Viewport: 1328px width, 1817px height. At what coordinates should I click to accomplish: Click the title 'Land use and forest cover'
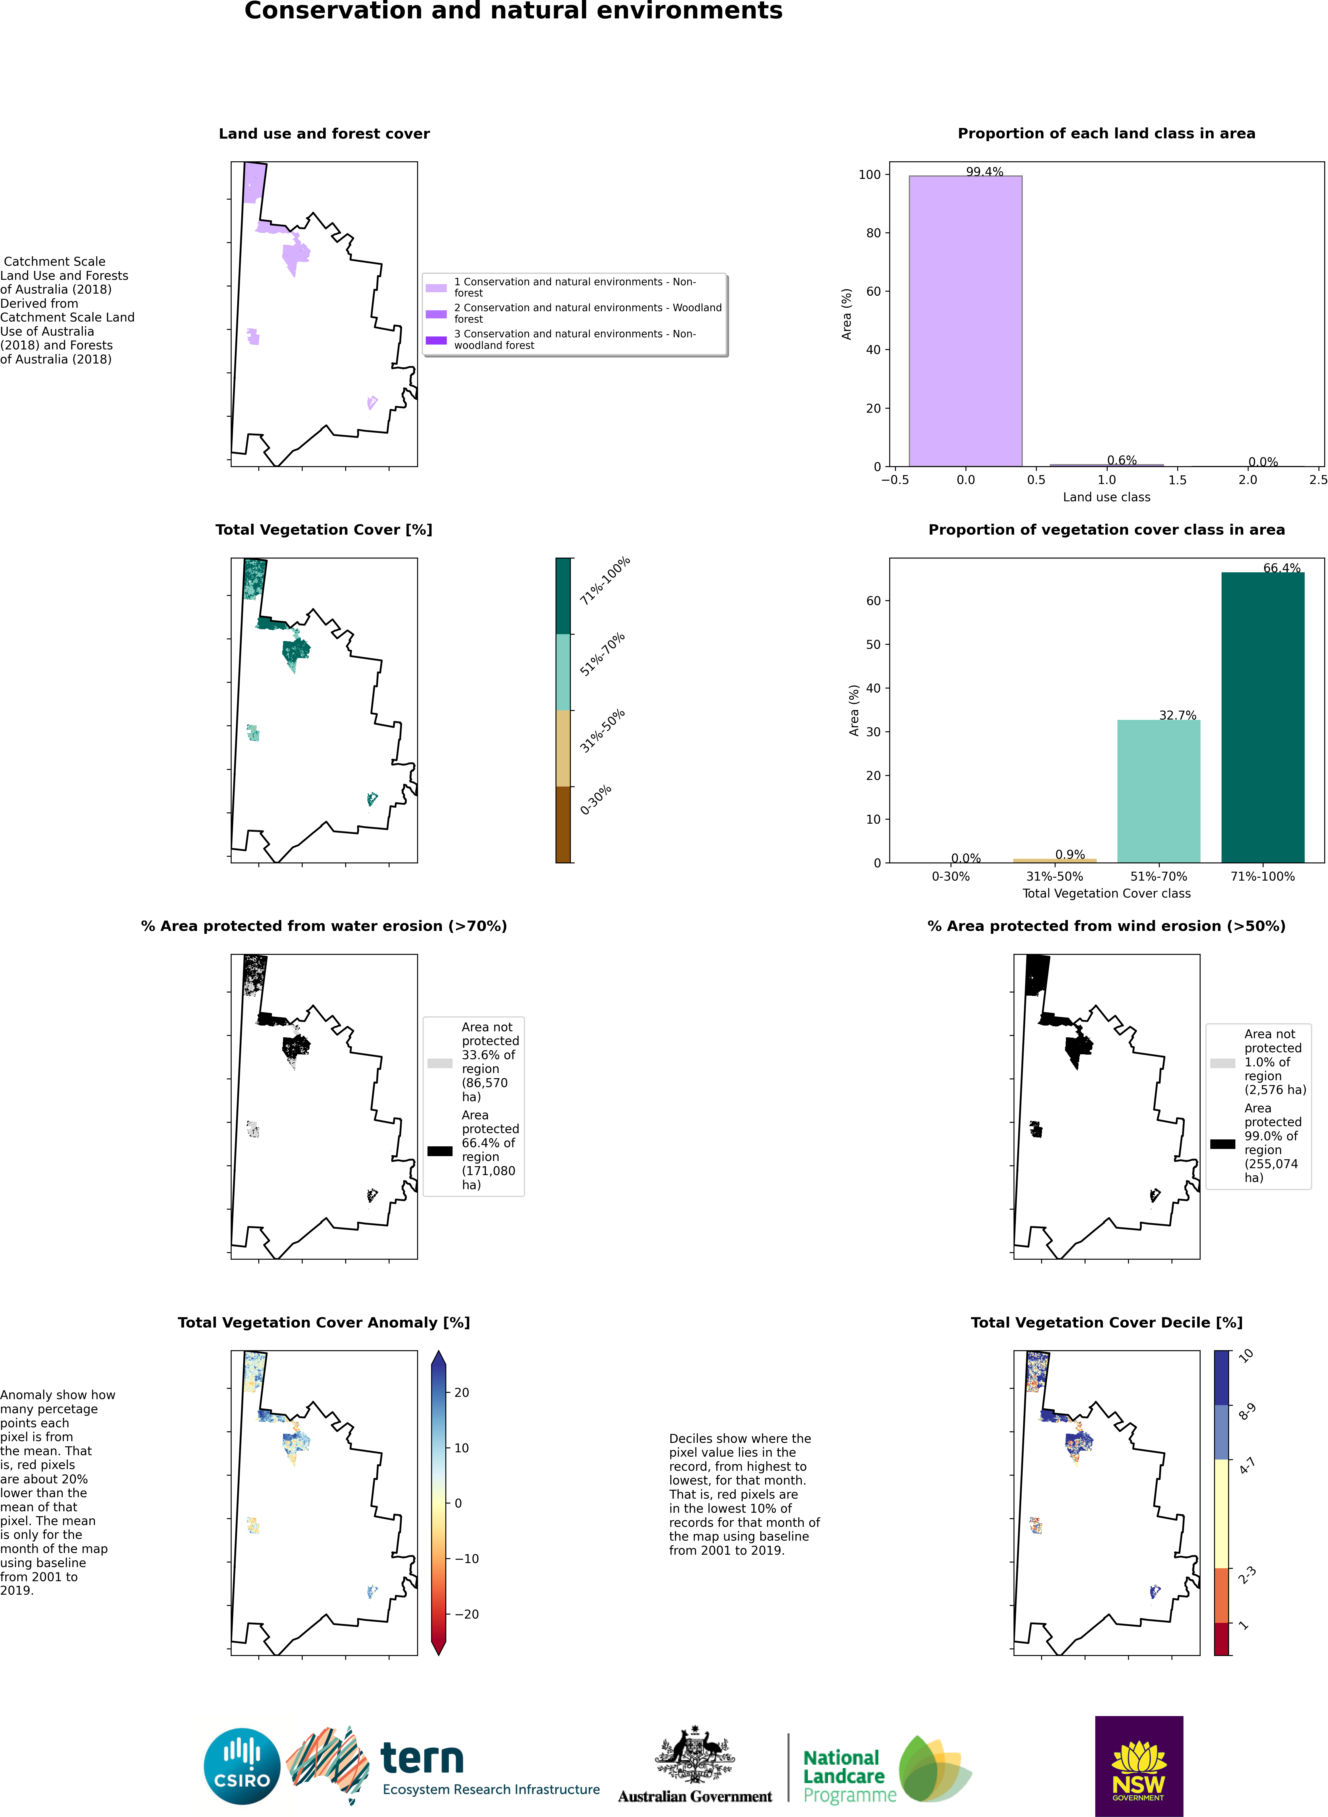(x=324, y=133)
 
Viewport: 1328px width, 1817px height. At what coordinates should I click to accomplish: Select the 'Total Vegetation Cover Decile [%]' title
(x=1106, y=1322)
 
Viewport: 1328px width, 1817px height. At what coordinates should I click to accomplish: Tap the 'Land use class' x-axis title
(x=1106, y=497)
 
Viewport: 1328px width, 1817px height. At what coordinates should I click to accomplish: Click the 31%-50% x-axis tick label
(x=1054, y=876)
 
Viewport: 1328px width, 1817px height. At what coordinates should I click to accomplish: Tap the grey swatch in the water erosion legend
(x=440, y=1062)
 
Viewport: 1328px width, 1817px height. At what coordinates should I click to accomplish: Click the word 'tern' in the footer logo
(x=422, y=1758)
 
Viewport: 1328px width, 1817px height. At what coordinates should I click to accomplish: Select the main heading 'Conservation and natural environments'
(x=513, y=11)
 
